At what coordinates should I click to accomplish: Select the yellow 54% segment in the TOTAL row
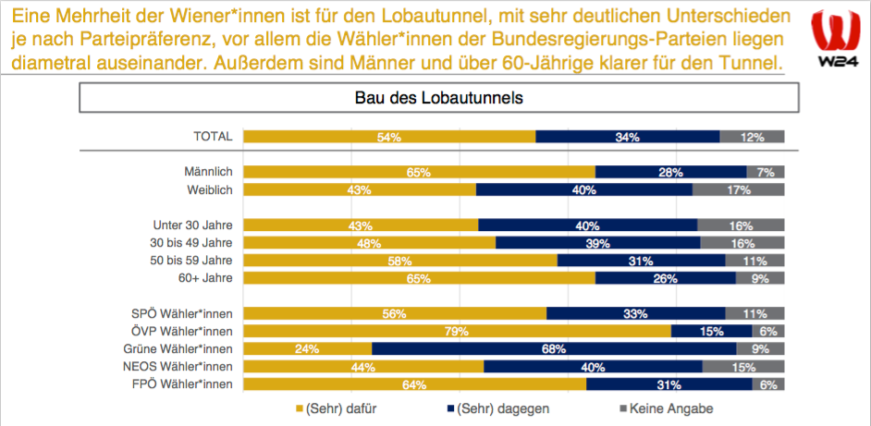(389, 137)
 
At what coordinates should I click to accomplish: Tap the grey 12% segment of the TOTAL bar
(752, 137)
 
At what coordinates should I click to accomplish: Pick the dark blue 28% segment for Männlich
(670, 172)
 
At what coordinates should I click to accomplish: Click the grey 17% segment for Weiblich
(738, 189)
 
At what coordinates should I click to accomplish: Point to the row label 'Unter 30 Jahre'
(192, 225)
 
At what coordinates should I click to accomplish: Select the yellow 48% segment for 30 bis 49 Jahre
(369, 242)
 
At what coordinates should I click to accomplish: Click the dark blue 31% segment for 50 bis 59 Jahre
(641, 260)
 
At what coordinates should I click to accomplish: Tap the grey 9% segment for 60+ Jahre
(760, 277)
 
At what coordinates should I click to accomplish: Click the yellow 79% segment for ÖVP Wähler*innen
(457, 331)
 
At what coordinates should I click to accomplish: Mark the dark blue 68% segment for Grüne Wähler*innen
(554, 348)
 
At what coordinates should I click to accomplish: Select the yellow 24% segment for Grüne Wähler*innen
(307, 348)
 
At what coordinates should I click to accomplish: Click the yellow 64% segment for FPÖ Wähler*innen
(415, 383)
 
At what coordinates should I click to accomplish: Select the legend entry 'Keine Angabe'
(665, 408)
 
